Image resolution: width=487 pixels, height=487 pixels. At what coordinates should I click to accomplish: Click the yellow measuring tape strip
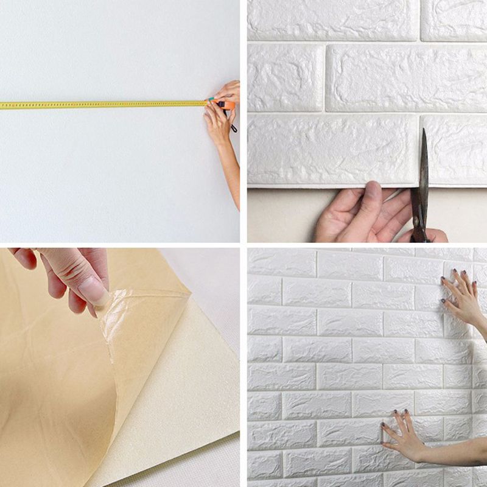103,105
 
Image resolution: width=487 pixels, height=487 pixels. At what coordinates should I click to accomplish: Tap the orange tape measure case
227,105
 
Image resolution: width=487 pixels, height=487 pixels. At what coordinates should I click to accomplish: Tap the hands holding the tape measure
220,110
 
